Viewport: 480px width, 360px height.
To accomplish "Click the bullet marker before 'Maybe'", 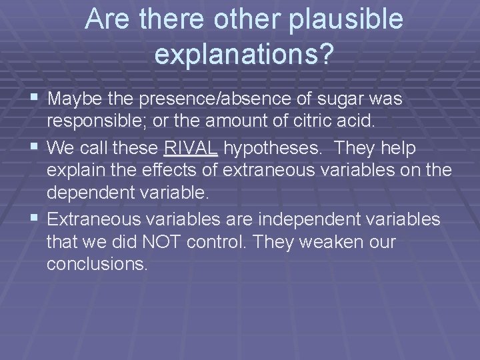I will tap(35, 99).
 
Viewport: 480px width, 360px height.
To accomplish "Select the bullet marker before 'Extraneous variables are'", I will tap(35, 217).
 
